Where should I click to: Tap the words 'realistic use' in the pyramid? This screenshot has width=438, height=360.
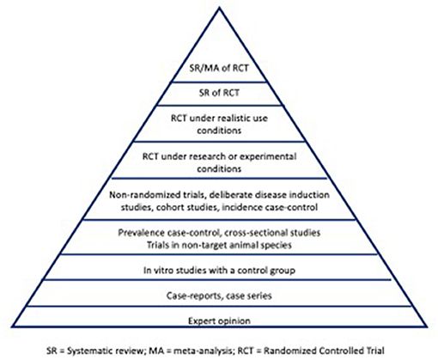coord(239,118)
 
